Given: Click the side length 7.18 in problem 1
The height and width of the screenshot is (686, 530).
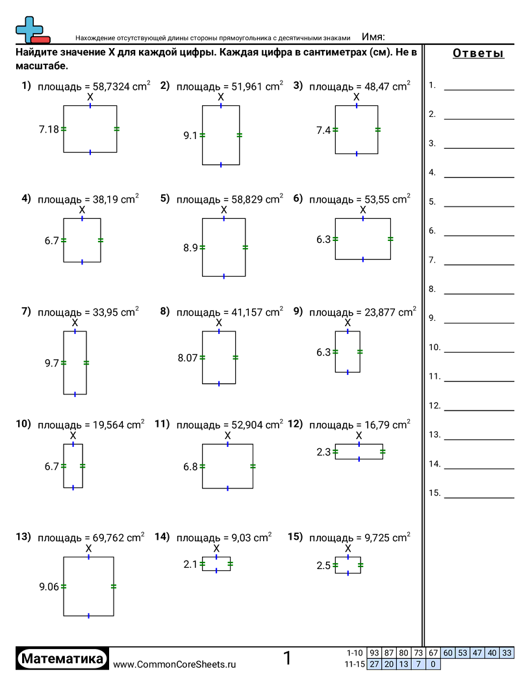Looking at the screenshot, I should (x=49, y=129).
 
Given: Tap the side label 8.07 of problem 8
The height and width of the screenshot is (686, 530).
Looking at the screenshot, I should (x=188, y=357).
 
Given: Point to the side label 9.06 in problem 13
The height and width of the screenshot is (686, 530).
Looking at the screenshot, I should (x=49, y=587).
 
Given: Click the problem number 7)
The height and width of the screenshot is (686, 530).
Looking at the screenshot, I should (x=26, y=311).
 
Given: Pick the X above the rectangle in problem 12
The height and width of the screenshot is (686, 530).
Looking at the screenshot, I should (x=359, y=435).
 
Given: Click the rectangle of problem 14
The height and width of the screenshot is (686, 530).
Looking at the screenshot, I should (x=216, y=564).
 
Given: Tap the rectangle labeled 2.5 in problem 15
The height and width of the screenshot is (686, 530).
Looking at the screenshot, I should (x=348, y=566).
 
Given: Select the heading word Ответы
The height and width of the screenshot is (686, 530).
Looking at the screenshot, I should (x=478, y=53).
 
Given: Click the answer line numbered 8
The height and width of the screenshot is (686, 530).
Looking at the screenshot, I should (x=479, y=294).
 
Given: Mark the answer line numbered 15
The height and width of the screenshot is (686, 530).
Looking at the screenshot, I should (x=479, y=497).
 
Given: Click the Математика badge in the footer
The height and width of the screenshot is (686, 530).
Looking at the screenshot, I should (x=62, y=659).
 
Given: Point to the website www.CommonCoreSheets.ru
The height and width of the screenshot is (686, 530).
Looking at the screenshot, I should (x=175, y=664).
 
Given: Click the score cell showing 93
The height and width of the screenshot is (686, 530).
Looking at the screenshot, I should (x=374, y=653).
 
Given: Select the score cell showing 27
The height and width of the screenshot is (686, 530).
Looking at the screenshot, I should (x=374, y=664).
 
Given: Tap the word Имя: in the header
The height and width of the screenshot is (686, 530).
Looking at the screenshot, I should (x=373, y=36).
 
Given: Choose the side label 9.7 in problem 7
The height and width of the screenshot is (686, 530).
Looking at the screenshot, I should (x=52, y=363).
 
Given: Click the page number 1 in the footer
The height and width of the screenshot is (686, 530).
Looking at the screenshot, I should (x=287, y=659).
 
